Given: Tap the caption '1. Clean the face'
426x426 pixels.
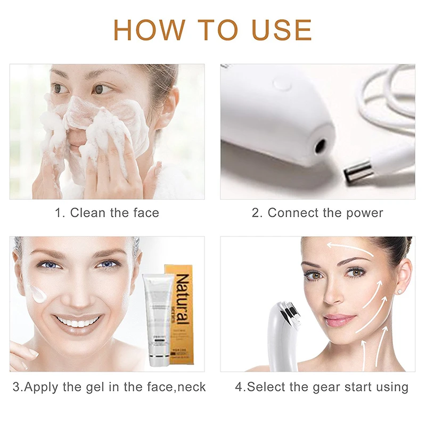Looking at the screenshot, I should [107, 213].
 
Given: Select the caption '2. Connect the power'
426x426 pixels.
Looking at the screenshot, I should [317, 213].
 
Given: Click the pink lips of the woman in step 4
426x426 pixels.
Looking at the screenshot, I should [339, 319].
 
